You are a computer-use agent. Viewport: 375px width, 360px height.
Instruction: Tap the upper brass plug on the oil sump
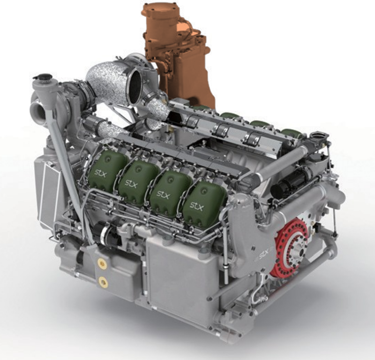[x=102, y=263]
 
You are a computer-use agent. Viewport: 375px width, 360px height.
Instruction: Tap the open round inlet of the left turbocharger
[x=38, y=111]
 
